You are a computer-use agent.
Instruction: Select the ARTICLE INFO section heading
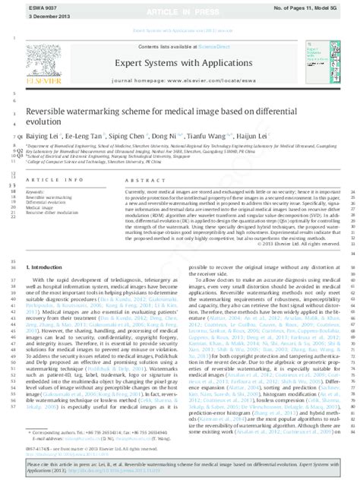tap(50, 179)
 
